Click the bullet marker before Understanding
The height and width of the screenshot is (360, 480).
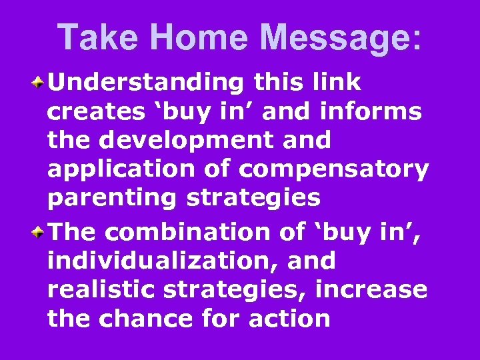click(40, 83)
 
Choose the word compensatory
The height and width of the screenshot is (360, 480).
click(334, 170)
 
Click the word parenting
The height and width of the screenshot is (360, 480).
click(110, 199)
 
